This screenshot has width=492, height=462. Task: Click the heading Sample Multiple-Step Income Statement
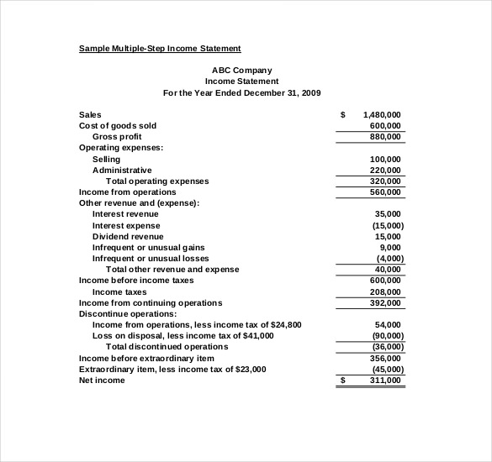(160, 49)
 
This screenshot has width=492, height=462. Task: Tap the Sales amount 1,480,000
(382, 114)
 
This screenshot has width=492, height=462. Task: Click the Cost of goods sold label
(118, 126)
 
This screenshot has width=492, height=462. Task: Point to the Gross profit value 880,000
(385, 137)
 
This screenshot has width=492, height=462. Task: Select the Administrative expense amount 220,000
(385, 170)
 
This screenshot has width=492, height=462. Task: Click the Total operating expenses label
(157, 181)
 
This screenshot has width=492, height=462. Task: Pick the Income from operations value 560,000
(385, 192)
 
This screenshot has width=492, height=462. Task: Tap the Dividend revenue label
(128, 236)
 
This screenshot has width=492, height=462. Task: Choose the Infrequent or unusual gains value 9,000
(389, 247)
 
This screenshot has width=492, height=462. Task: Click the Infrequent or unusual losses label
(151, 258)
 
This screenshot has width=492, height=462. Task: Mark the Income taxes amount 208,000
(385, 291)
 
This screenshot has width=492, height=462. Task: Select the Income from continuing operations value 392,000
(385, 302)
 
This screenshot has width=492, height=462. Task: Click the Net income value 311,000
(385, 380)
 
